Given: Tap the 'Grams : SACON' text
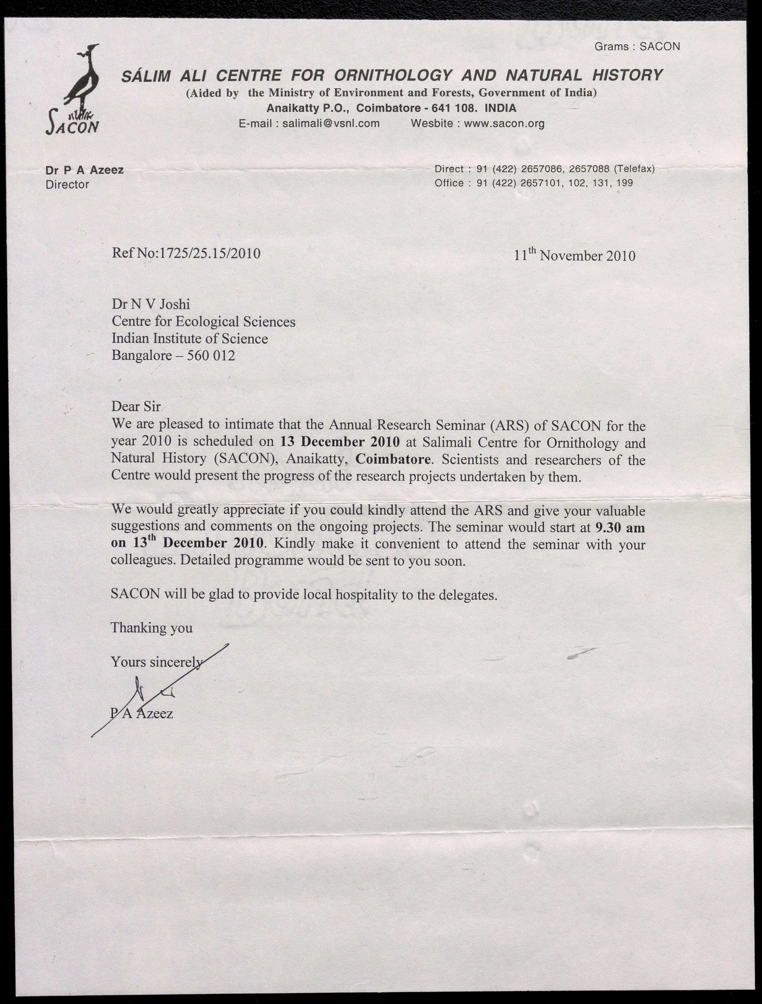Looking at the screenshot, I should [x=637, y=46].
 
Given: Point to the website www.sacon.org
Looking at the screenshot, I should [x=504, y=123].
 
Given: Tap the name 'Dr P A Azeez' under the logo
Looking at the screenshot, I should [x=84, y=170].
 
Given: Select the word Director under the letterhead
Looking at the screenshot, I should [x=67, y=184].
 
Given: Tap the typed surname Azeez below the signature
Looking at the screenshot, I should [x=154, y=714].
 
